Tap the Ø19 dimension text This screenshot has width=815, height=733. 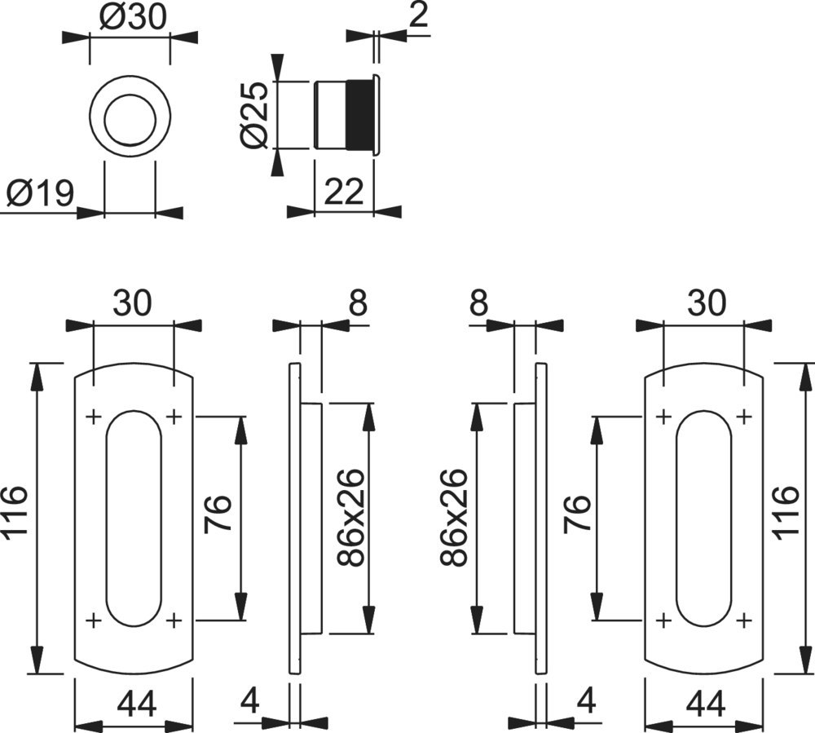pyautogui.click(x=40, y=195)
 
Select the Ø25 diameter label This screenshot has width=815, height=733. pyautogui.click(x=255, y=115)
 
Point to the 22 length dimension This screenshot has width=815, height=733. pyautogui.click(x=344, y=192)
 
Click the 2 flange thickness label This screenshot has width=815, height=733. pyautogui.click(x=419, y=16)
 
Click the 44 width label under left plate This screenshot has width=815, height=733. pyautogui.click(x=134, y=702)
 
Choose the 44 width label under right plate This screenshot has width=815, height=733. pyautogui.click(x=705, y=702)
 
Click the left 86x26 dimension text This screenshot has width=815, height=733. pyautogui.click(x=351, y=518)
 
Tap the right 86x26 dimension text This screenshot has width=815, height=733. pyautogui.click(x=454, y=518)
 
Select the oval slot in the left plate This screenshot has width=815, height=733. pyautogui.click(x=134, y=518)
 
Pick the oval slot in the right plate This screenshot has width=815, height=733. pyautogui.click(x=703, y=518)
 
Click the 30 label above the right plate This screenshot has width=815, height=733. pyautogui.click(x=705, y=304)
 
